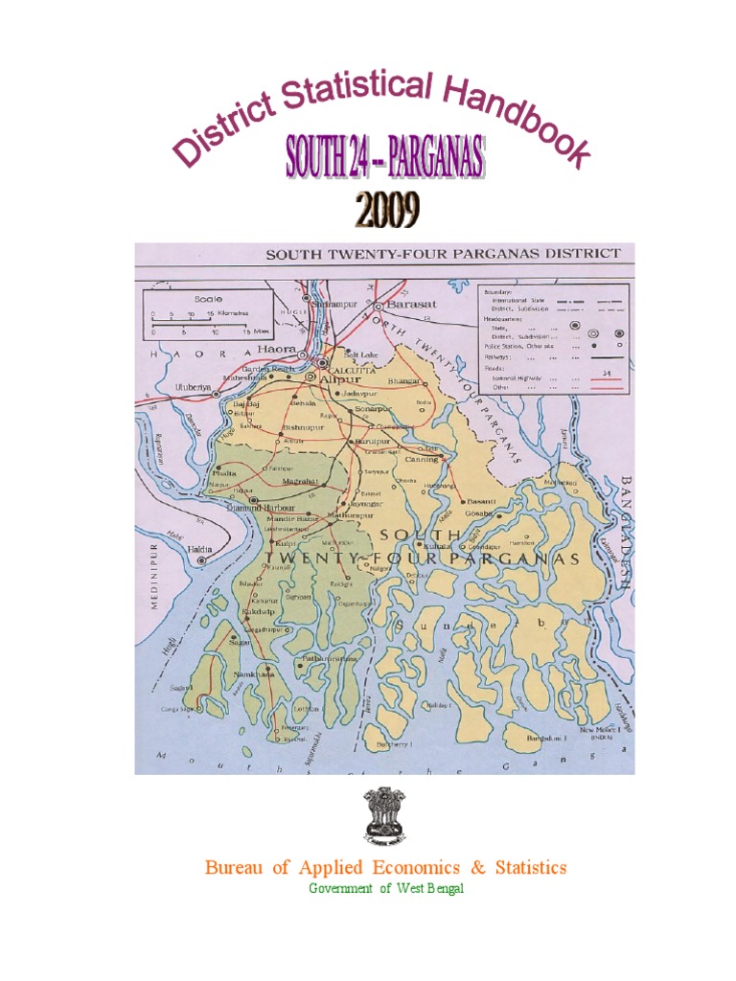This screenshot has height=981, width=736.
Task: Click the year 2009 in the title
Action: click(386, 211)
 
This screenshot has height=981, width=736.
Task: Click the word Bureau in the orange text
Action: click(234, 868)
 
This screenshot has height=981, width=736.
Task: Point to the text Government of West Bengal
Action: click(385, 889)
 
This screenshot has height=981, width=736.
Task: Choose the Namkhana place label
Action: click(256, 674)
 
